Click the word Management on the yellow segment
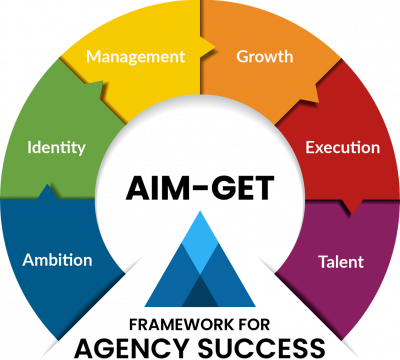(136, 57)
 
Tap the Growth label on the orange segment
(265, 56)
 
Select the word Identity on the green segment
(56, 148)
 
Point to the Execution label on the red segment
(343, 147)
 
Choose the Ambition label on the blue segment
(57, 260)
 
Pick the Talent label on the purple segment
(341, 262)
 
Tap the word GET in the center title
(243, 188)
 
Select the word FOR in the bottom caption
(254, 325)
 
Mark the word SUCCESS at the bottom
(262, 348)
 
